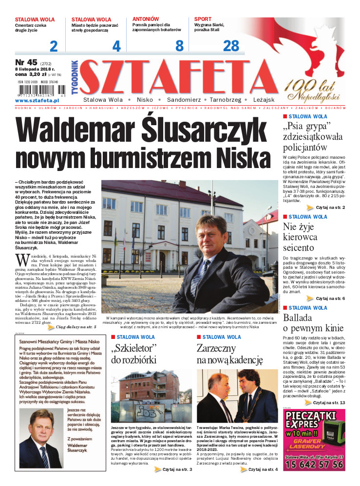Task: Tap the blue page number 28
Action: pos(231,46)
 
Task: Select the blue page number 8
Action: pos(179,46)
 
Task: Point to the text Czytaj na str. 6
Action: pos(330,298)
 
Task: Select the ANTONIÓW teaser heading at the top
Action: pos(146,19)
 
